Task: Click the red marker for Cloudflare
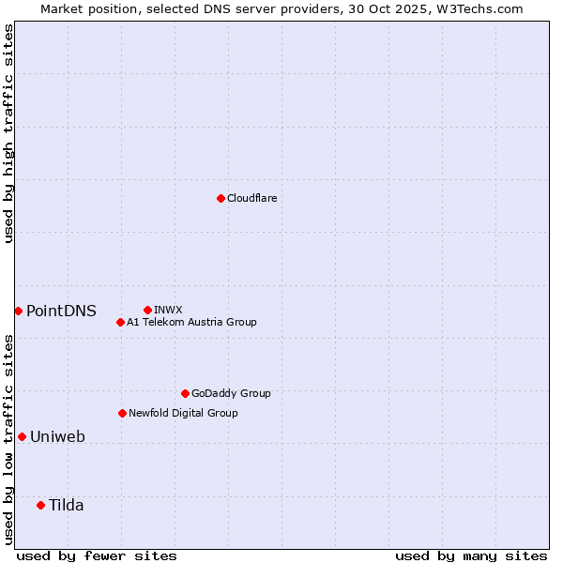[221, 198]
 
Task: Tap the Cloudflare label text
[251, 198]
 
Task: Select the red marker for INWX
[147, 310]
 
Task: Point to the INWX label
[168, 310]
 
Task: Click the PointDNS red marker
[18, 311]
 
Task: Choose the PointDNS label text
[61, 311]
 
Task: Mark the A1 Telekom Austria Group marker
[120, 322]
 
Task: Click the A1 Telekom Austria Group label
[191, 322]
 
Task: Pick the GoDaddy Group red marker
[185, 393]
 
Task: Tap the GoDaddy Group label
[231, 393]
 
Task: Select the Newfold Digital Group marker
[122, 413]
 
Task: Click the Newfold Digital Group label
[183, 413]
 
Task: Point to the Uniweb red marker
[22, 436]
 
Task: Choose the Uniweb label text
[57, 436]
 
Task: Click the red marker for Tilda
[40, 505]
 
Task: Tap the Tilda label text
[67, 505]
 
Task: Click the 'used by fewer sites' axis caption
[97, 555]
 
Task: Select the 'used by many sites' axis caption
[471, 555]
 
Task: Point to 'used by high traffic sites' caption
[9, 133]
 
